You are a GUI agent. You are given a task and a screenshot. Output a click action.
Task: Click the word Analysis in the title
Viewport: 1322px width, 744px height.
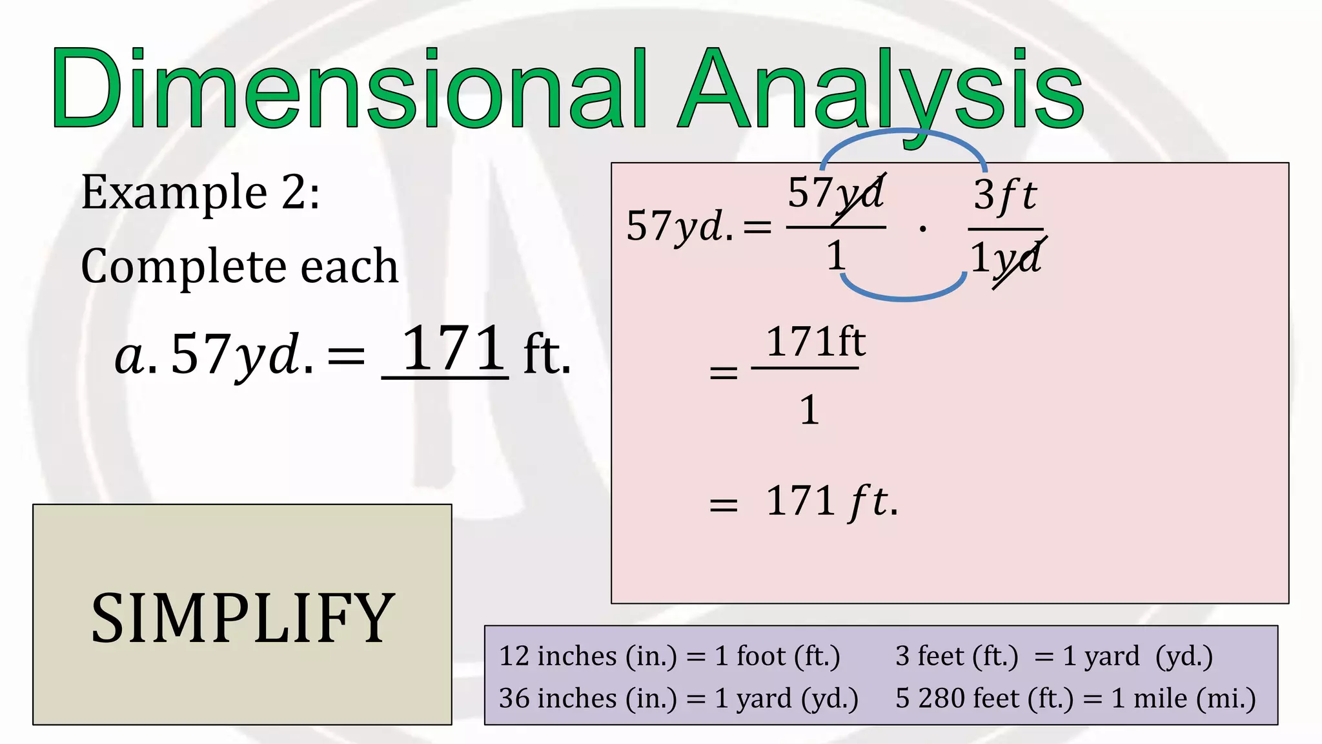881,90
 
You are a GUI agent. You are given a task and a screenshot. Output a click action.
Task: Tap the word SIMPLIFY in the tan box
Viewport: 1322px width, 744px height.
243,618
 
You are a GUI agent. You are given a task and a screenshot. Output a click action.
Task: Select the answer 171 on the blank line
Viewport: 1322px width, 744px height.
452,349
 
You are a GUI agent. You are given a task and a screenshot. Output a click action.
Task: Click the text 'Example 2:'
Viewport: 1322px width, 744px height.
200,192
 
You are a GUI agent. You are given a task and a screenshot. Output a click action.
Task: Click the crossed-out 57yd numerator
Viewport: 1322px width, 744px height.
835,194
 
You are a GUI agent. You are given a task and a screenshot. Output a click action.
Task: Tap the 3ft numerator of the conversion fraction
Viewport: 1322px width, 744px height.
1005,195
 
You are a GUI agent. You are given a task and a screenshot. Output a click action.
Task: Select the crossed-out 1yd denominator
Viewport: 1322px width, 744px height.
1006,259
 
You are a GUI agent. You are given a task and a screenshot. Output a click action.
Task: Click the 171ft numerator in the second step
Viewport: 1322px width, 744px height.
815,342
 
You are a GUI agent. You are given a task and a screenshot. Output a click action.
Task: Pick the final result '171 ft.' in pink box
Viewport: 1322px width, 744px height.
831,501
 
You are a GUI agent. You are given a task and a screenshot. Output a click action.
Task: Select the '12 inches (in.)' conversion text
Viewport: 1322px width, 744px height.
587,657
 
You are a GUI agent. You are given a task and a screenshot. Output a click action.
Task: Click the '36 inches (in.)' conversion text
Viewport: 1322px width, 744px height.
587,699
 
